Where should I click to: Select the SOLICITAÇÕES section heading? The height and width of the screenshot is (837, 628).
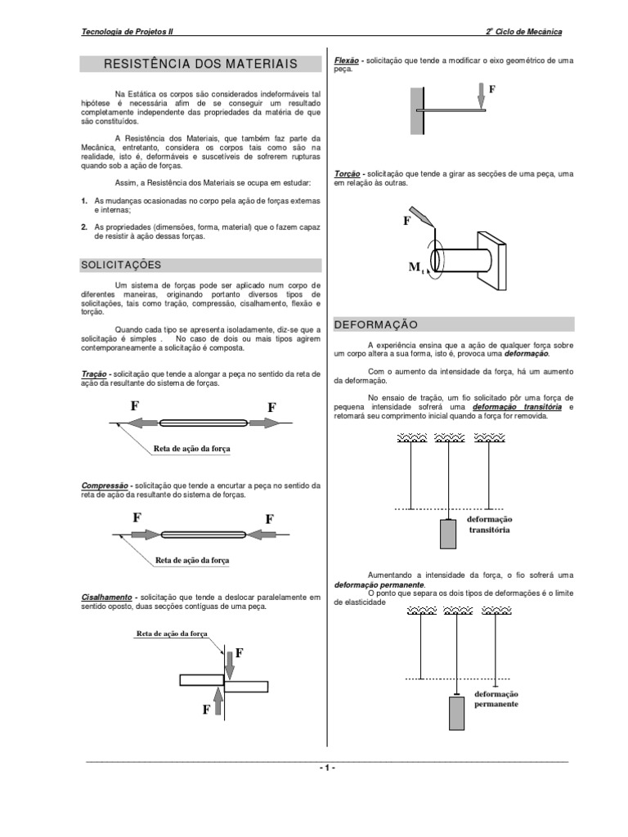[121, 265]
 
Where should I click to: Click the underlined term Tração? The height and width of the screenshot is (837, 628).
[94, 373]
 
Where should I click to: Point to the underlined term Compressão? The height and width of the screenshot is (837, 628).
[105, 485]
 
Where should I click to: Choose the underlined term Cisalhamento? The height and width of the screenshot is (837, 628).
[107, 597]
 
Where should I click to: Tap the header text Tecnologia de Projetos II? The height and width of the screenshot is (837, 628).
[128, 32]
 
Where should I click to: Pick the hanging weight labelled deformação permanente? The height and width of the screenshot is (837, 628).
[457, 714]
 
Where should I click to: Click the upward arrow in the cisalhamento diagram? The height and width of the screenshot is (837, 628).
[218, 700]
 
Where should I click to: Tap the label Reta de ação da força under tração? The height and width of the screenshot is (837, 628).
[192, 448]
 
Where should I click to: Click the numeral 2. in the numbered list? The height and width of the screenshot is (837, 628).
[84, 227]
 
